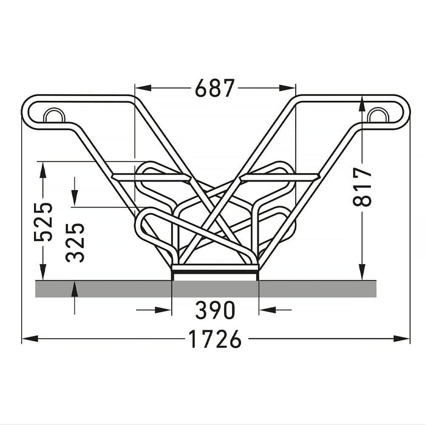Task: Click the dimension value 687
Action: (214, 88)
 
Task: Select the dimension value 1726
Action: (215, 339)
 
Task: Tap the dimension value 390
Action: (215, 310)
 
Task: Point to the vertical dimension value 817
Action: (362, 187)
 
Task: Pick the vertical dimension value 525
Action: (43, 222)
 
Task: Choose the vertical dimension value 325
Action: (75, 243)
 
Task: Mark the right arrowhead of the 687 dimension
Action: (287, 88)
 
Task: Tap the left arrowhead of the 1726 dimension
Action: (30, 339)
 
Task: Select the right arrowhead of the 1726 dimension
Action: (402, 339)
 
